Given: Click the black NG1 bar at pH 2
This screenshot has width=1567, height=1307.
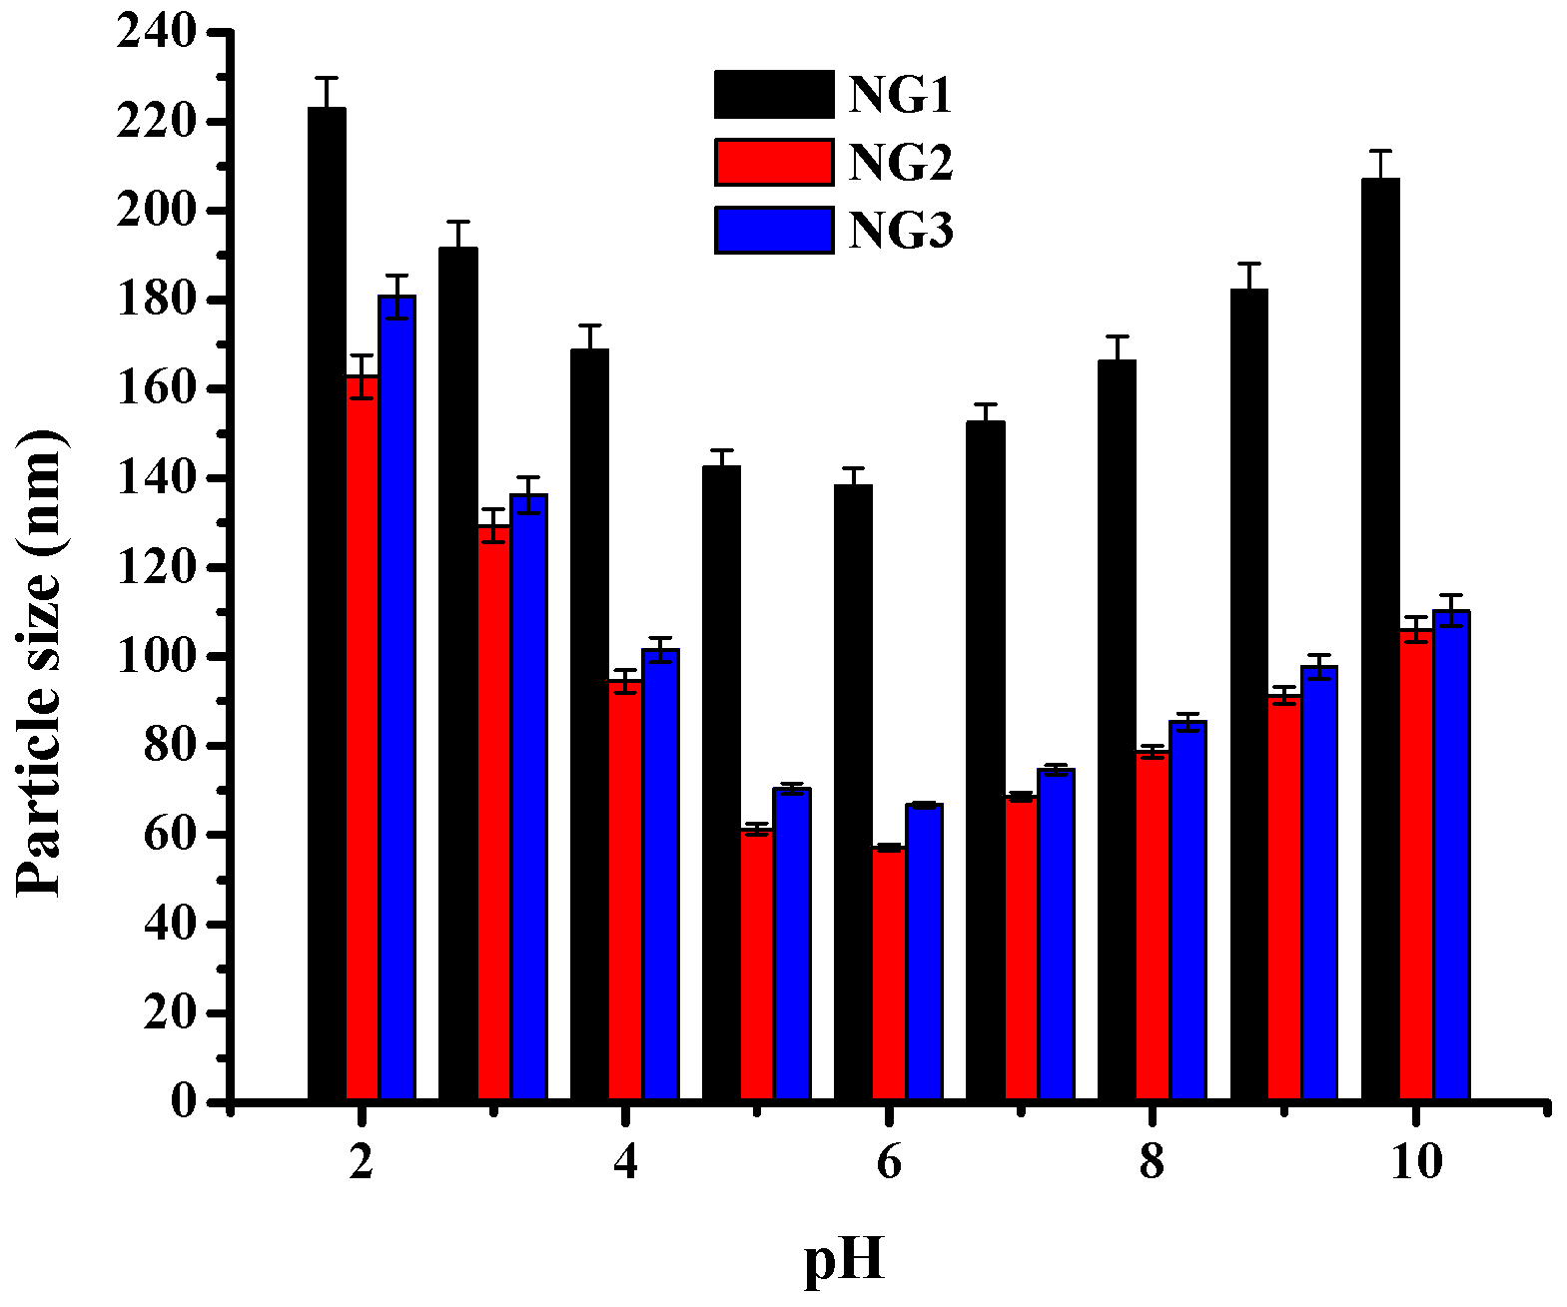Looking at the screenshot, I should pyautogui.click(x=327, y=599).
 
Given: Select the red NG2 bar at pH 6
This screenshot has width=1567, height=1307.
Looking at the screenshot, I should pyautogui.click(x=889, y=974).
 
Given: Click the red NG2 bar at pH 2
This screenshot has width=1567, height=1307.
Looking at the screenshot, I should pyautogui.click(x=363, y=739).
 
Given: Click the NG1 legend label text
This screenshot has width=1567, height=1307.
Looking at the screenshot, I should pyautogui.click(x=900, y=96).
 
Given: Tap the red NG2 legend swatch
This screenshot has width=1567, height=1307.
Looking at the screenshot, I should pyautogui.click(x=774, y=163).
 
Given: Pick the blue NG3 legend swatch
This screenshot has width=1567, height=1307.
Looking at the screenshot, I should pyautogui.click(x=774, y=231).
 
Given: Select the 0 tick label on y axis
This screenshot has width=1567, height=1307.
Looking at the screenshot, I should pyautogui.click(x=184, y=1102).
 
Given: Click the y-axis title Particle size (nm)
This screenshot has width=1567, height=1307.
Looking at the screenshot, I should pyautogui.click(x=40, y=664).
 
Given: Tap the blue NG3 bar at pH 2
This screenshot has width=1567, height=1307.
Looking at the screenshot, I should pyautogui.click(x=397, y=699).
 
